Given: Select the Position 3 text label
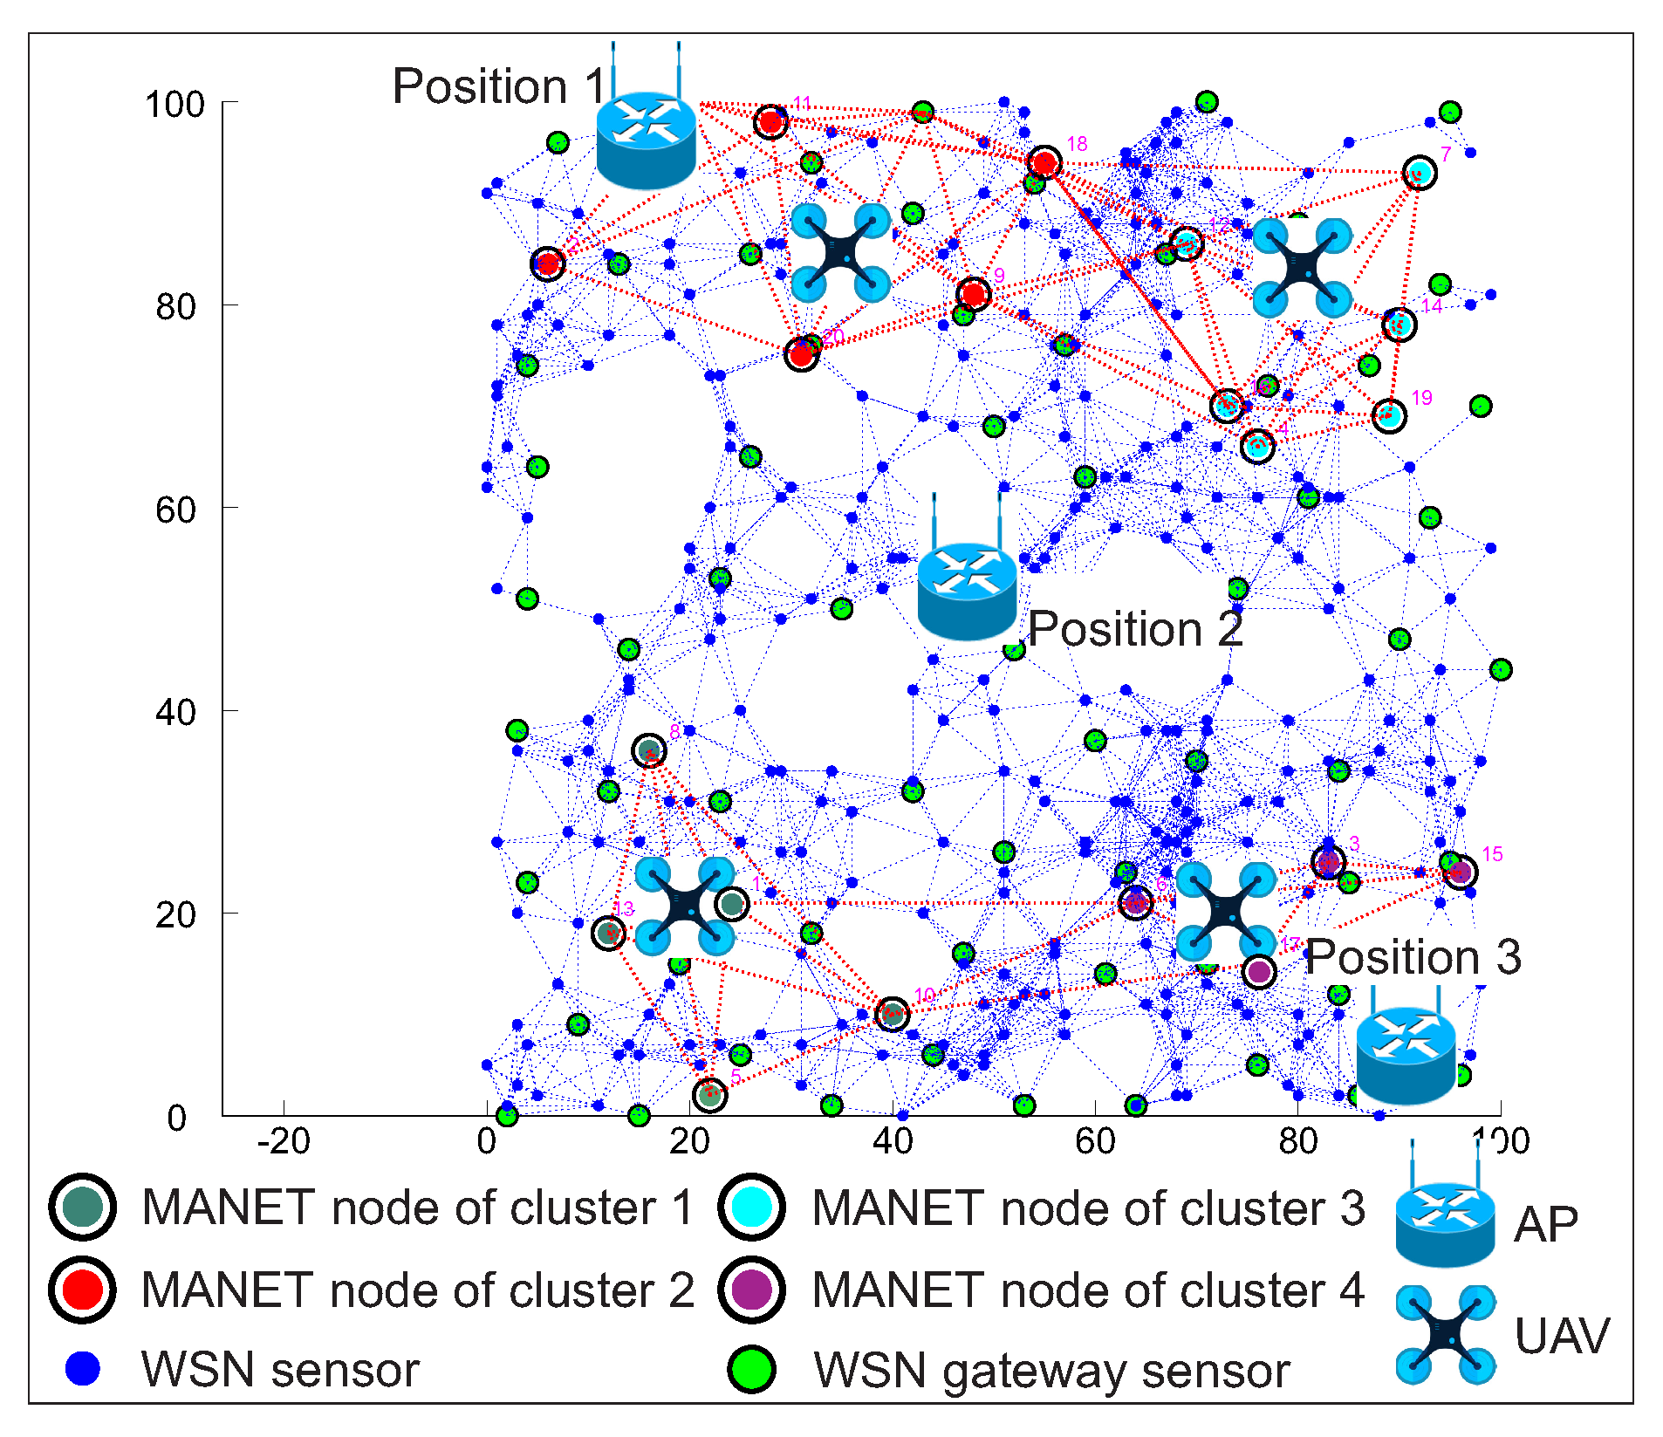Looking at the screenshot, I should (x=1413, y=957).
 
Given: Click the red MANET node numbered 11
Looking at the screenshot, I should (x=770, y=121).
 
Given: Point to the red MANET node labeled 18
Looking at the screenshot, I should (x=1044, y=163).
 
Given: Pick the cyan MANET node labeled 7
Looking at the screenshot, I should (x=1420, y=173).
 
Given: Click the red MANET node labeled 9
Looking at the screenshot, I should (x=973, y=294).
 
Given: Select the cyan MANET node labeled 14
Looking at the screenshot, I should (x=1399, y=325).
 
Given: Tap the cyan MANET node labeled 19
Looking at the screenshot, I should (x=1388, y=415).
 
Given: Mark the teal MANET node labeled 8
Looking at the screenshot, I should (x=649, y=750).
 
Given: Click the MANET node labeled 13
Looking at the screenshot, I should (x=608, y=933).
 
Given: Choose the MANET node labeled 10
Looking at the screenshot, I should (x=892, y=1013).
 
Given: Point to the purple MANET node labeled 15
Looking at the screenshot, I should (x=1461, y=871).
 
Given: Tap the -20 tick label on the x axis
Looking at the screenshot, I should (x=284, y=1141).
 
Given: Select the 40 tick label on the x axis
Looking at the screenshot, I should (x=892, y=1141).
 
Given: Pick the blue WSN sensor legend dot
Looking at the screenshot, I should (x=83, y=1368).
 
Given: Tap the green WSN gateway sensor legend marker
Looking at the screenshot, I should (x=752, y=1369).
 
